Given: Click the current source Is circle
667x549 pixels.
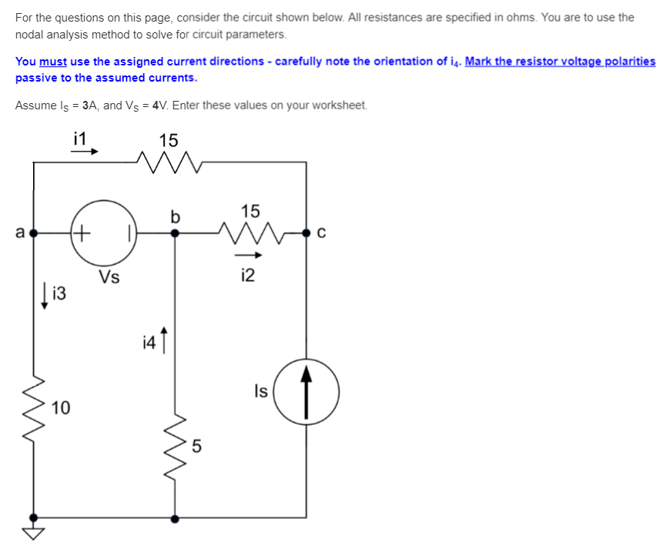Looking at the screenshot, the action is (x=307, y=392).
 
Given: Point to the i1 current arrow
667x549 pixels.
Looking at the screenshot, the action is (x=84, y=152).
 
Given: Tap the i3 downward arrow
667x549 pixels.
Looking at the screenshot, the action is (x=45, y=293).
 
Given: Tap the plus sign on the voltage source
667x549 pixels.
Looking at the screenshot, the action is (x=82, y=230).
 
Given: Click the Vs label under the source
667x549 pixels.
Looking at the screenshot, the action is (x=109, y=277).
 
